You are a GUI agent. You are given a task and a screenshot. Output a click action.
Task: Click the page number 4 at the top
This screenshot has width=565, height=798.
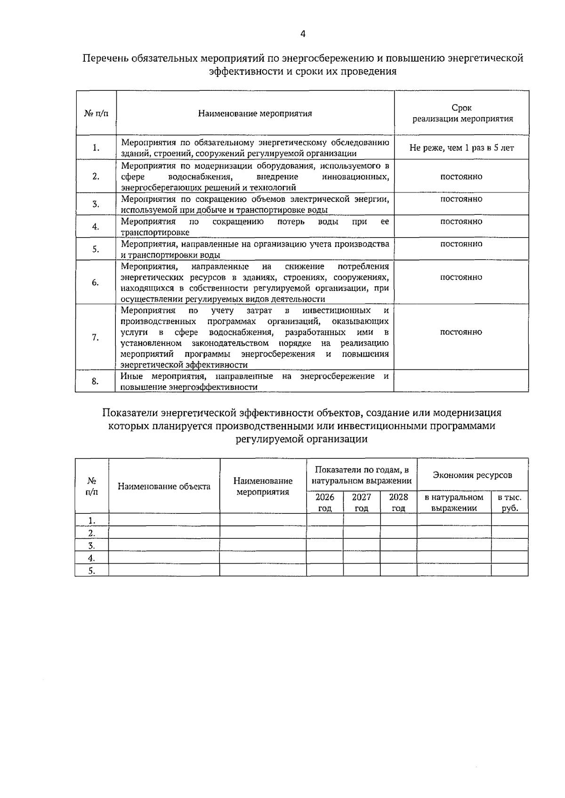click(303, 34)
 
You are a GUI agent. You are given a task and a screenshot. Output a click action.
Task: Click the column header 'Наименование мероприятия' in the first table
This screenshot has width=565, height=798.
click(255, 113)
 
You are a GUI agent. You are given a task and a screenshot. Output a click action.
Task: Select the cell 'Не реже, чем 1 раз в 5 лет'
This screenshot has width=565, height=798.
click(461, 148)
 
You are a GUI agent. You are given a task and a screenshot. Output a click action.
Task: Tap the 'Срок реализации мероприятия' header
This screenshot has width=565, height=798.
click(462, 113)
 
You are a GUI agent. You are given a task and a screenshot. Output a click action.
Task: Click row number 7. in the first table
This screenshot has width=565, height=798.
click(96, 337)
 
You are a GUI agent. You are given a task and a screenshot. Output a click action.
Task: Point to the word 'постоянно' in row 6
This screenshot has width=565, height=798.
click(461, 277)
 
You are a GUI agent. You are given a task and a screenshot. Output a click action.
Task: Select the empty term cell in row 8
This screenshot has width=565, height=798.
click(461, 381)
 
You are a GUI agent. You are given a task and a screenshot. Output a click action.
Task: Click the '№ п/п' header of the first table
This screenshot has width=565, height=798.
click(96, 113)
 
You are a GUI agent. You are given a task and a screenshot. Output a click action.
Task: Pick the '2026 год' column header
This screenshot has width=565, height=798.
click(325, 502)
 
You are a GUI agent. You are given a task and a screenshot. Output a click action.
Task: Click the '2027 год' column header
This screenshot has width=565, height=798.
click(362, 502)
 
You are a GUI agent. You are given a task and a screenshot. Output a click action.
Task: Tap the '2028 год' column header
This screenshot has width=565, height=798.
click(398, 502)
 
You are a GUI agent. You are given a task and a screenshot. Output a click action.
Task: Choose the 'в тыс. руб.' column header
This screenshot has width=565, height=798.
click(509, 502)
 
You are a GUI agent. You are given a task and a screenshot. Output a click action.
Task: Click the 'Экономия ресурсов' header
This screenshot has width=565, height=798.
click(472, 475)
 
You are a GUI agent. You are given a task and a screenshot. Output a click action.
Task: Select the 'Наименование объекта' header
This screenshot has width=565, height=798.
click(164, 486)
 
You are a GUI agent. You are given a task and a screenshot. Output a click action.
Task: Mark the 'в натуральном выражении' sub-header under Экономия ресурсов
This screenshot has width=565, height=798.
click(454, 502)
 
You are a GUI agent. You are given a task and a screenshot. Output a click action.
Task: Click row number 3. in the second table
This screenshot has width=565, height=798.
click(92, 545)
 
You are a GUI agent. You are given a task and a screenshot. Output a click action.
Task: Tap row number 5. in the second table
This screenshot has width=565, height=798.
click(92, 571)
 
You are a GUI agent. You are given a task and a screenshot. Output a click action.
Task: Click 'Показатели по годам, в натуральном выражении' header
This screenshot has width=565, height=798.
click(362, 475)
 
